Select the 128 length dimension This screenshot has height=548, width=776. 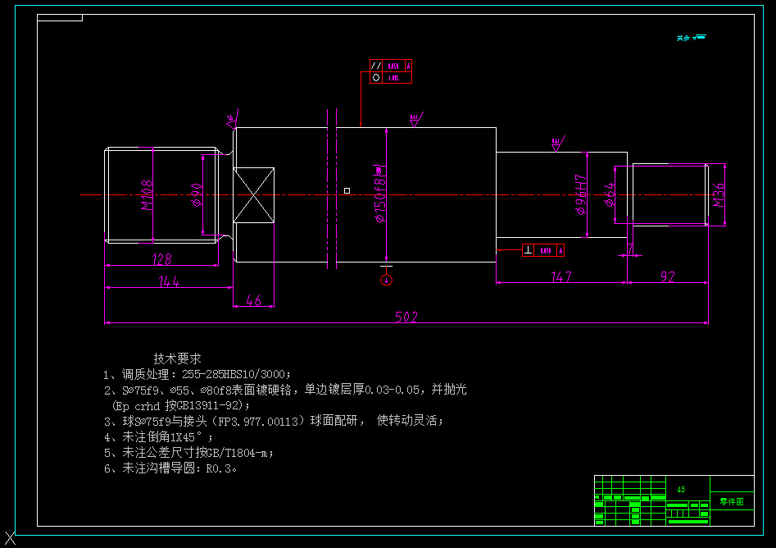tap(161, 259)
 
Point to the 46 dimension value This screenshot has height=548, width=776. tap(254, 301)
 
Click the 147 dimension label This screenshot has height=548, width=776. tap(561, 276)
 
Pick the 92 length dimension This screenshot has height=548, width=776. tap(667, 276)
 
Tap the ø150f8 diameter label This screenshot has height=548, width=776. tap(379, 194)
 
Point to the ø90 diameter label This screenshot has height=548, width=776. tap(197, 195)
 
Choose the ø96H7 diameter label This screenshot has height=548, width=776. tap(581, 195)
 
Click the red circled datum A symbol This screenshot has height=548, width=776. tap(387, 280)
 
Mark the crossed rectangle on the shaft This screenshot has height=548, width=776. tap(253, 194)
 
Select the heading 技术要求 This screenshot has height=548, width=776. tap(177, 358)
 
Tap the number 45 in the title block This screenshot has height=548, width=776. tap(681, 489)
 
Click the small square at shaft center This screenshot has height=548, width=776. tap(347, 190)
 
